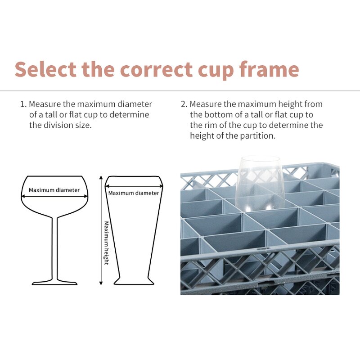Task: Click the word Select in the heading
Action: tap(45, 69)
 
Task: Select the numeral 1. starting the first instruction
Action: tap(23, 104)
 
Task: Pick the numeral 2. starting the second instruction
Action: tap(184, 104)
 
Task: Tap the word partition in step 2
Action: tap(256, 135)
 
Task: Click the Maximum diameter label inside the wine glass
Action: tap(54, 190)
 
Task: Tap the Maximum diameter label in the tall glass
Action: tap(134, 193)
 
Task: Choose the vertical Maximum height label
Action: tap(106, 243)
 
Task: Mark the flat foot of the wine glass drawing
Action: tap(54, 283)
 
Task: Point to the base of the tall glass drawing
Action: tap(134, 281)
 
